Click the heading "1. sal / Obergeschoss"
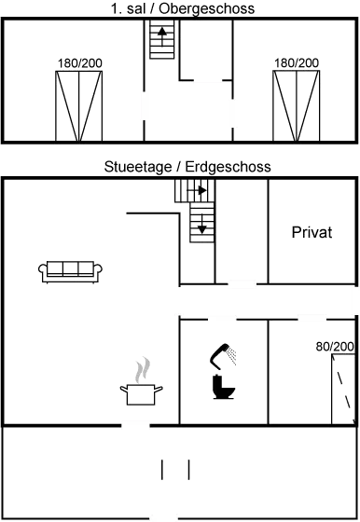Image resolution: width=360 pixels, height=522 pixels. (181, 8)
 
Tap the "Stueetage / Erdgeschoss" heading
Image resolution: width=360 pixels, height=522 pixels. (187, 169)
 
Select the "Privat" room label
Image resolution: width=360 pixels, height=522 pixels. (312, 232)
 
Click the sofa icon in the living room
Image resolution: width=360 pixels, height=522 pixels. (70, 271)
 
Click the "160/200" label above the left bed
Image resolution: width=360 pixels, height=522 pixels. (79, 63)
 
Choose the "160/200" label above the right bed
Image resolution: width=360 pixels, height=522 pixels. (297, 63)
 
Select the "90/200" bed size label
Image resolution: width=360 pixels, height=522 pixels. (337, 347)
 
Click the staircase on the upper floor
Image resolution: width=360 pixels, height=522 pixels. (161, 41)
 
